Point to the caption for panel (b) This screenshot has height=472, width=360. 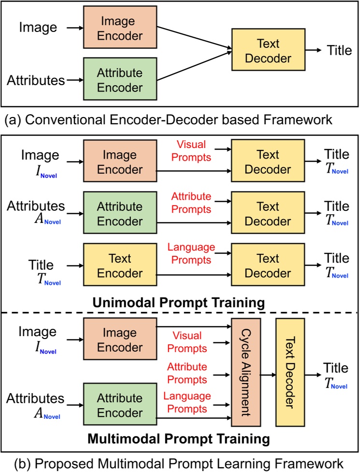point(180,463)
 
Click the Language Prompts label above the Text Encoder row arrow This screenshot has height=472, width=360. point(191,253)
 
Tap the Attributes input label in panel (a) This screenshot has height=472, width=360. point(36,80)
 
